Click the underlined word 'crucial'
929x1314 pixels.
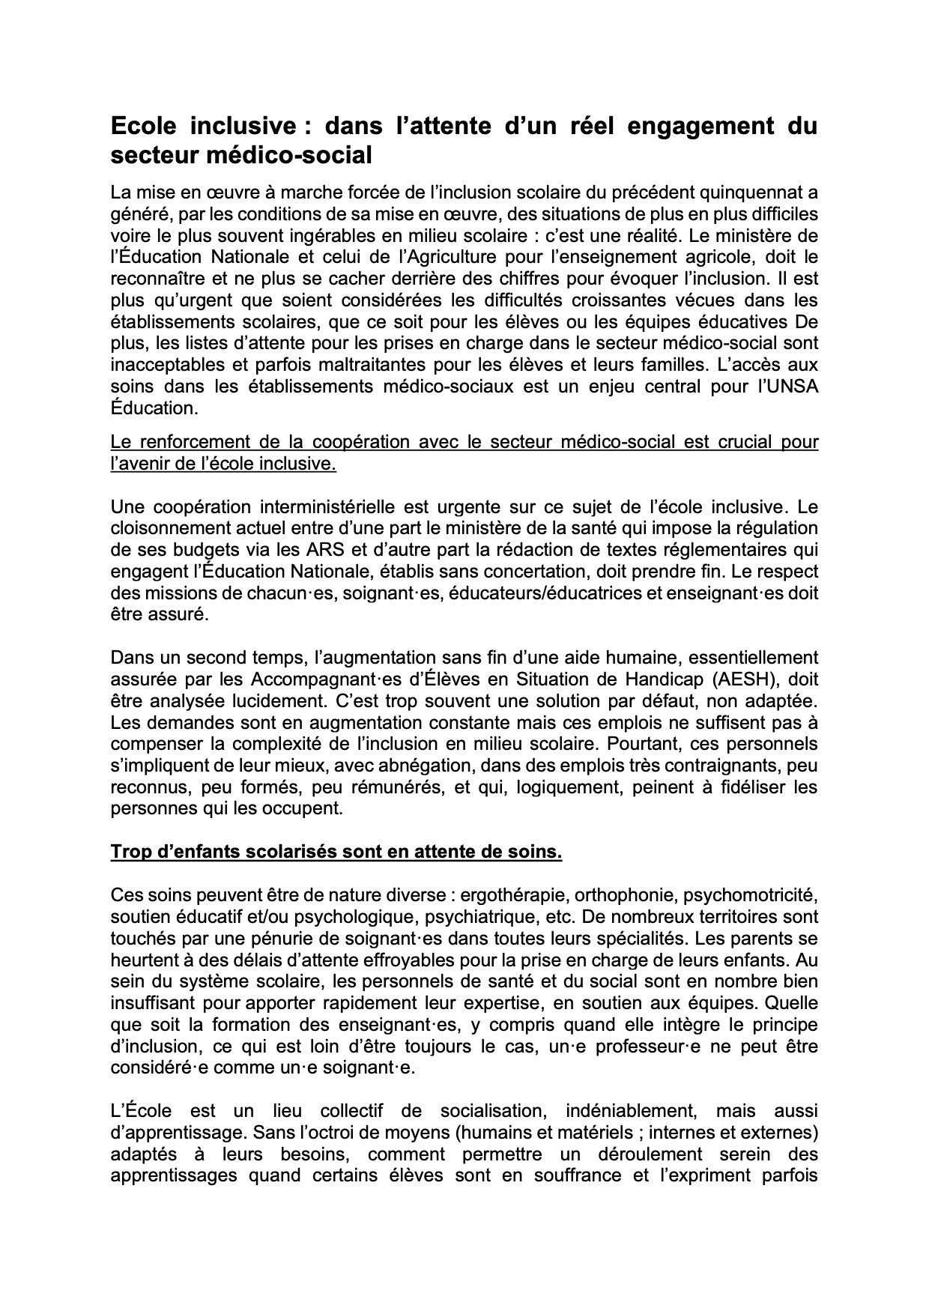tap(734, 442)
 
